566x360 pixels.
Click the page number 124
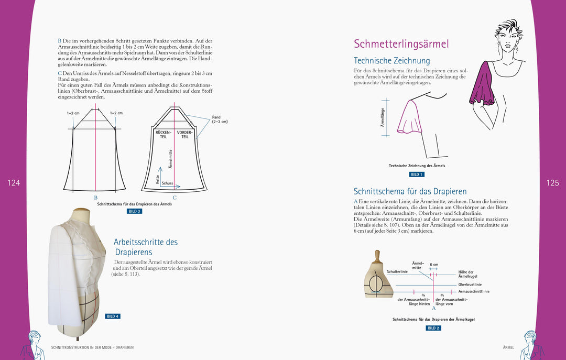14,183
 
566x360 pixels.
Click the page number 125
552,183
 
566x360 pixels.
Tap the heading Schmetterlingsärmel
401,44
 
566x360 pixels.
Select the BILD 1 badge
417,174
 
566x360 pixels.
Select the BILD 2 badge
433,328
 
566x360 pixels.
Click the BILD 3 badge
134,211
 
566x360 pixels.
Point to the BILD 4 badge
113,317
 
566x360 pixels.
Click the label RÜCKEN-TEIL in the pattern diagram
164,135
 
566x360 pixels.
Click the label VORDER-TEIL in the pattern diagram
185,135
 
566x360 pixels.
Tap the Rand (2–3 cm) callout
220,119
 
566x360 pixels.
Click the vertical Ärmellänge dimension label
382,117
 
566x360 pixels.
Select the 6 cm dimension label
434,265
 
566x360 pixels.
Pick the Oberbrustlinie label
470,285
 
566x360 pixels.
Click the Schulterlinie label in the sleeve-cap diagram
397,271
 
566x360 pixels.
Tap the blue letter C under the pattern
175,198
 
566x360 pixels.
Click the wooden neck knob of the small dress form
376,256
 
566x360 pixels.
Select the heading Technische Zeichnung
391,61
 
